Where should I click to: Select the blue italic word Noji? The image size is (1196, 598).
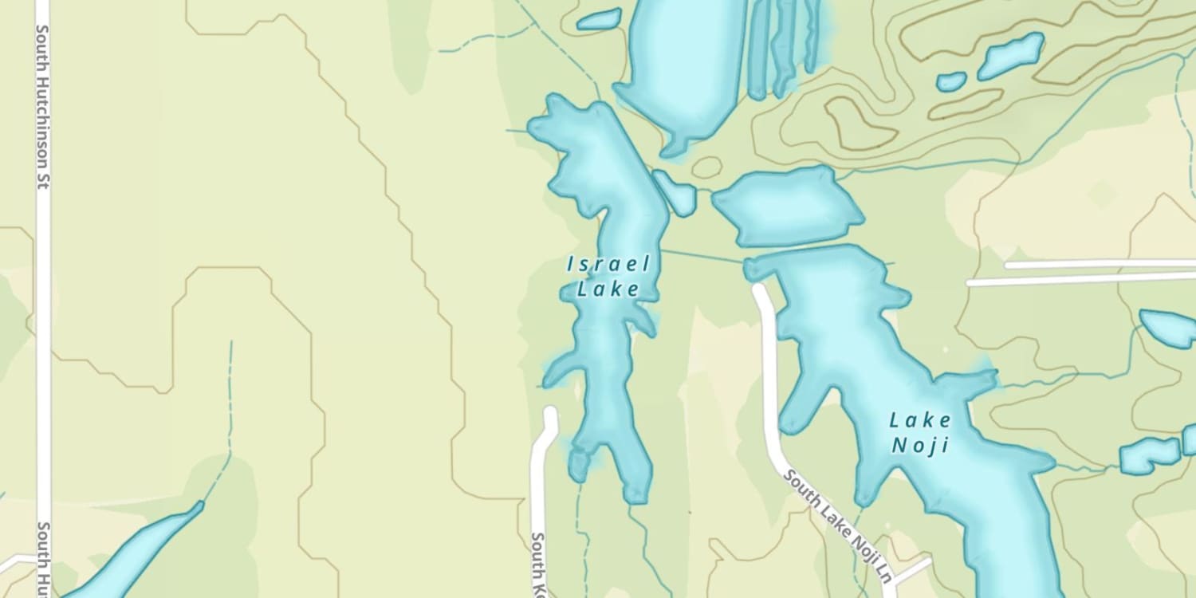pyautogui.click(x=921, y=445)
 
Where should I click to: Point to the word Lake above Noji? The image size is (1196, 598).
pyautogui.click(x=921, y=420)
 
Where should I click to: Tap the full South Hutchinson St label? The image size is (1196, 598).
pyautogui.click(x=43, y=105)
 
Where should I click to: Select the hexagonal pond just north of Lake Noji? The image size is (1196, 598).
pyautogui.click(x=785, y=207)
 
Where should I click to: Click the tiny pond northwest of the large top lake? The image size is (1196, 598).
pyautogui.click(x=599, y=19)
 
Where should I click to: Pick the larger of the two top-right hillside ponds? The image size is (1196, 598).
pyautogui.click(x=1011, y=56)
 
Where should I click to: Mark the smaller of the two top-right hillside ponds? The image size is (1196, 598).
pyautogui.click(x=951, y=81)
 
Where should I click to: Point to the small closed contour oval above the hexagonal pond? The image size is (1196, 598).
pyautogui.click(x=706, y=167)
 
